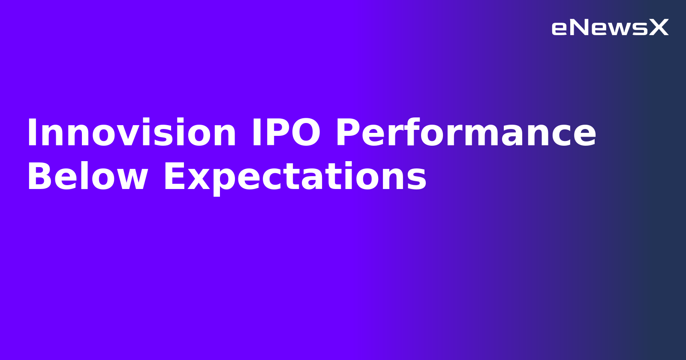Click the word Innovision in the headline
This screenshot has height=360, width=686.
(x=131, y=133)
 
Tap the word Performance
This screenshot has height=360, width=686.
(x=466, y=133)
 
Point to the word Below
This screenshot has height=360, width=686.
(x=87, y=177)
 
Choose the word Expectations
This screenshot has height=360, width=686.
(x=295, y=177)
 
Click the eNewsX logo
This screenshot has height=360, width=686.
(x=610, y=28)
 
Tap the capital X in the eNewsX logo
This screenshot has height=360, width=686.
(x=659, y=28)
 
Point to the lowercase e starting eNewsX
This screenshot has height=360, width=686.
(x=559, y=29)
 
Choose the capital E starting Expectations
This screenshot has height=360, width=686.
(x=173, y=177)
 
